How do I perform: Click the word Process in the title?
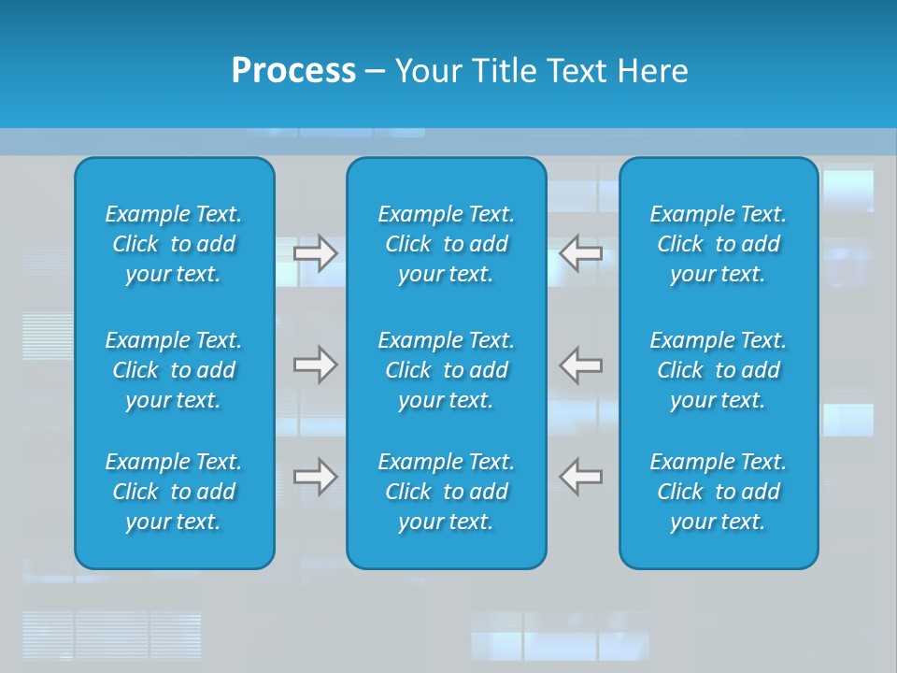point(293,71)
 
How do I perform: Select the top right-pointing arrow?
point(316,253)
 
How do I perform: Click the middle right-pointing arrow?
point(316,365)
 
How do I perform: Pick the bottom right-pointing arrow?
point(316,477)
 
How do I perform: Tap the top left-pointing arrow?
point(580,253)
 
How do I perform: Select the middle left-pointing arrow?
point(580,365)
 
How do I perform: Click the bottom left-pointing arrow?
point(580,477)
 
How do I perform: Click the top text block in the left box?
point(174,244)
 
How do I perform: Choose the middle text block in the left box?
point(174,370)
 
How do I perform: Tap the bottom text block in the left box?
point(174,492)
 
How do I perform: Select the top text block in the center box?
point(446,244)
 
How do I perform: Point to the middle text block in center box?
point(446,370)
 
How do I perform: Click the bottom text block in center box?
point(446,492)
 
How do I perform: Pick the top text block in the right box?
point(718,244)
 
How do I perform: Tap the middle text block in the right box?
point(718,370)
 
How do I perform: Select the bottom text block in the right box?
point(718,492)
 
